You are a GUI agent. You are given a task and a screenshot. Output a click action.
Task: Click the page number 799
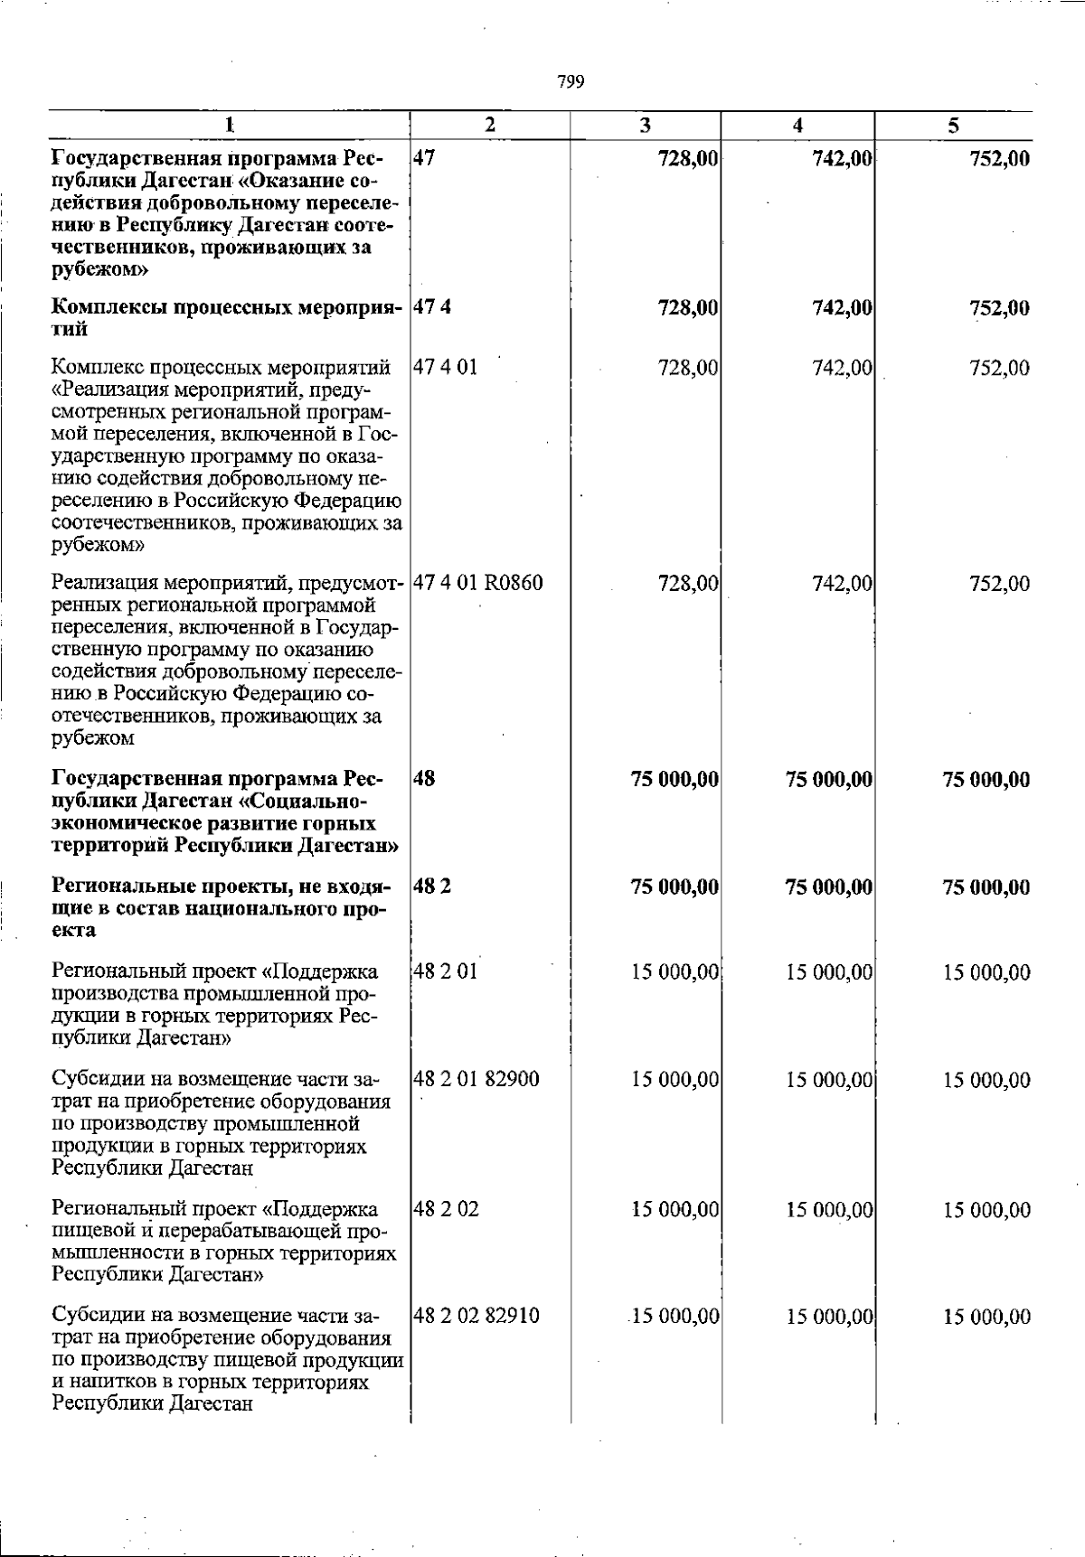pos(571,82)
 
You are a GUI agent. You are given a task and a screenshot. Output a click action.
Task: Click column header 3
pos(645,126)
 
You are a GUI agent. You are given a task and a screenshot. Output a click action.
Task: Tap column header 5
pos(953,126)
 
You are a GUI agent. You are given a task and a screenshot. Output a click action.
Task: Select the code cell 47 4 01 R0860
pos(478,583)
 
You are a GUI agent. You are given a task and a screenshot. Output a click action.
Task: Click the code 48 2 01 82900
pos(476,1079)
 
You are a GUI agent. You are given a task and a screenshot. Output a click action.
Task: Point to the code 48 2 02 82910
pos(476,1316)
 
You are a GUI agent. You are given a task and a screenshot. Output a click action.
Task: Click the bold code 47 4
pos(432,307)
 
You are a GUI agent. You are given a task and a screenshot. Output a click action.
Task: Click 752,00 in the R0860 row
pos(999,584)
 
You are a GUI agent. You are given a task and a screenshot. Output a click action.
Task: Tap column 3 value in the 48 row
pos(675,779)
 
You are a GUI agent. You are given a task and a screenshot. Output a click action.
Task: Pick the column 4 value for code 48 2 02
pos(829,1210)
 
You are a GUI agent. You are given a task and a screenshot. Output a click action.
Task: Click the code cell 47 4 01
pos(446,368)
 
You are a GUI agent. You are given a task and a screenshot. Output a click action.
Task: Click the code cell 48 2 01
pos(446,972)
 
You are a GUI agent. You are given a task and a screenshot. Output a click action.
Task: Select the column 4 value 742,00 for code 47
pos(843,159)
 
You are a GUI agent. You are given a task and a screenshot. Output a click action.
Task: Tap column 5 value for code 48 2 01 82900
pos(986,1080)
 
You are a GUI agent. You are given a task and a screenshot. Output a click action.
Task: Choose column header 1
pos(230,126)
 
